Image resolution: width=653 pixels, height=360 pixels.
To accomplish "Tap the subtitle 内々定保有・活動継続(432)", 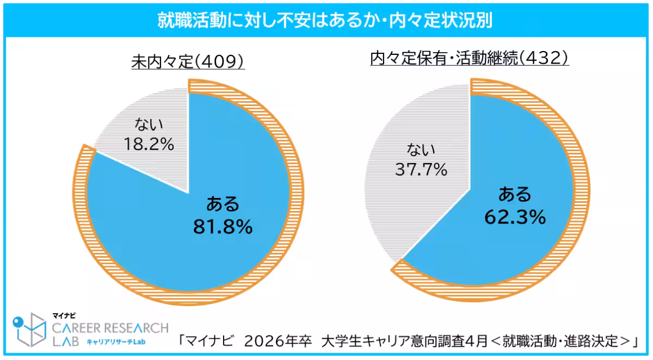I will click(469, 58).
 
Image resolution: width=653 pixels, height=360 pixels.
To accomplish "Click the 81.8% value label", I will click(223, 227).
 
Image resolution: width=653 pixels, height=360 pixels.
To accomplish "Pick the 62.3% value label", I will click(515, 217).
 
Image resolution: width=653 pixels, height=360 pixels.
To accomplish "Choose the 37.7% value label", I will click(422, 170).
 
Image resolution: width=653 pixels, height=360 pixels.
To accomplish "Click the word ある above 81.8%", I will click(223, 204).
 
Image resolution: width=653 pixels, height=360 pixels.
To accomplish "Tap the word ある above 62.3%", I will click(515, 194).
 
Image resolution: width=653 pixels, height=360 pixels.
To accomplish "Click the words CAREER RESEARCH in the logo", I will click(110, 328).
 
